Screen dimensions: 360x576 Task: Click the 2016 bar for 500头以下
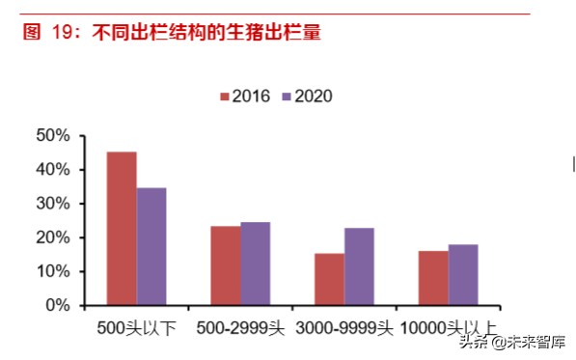coord(122,229)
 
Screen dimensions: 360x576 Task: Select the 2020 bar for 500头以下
coord(151,246)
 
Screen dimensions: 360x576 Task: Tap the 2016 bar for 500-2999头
coord(226,265)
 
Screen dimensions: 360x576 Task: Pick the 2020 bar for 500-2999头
coord(256,263)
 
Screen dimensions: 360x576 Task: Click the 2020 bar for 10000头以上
coord(463,274)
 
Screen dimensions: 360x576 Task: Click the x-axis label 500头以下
coord(136,328)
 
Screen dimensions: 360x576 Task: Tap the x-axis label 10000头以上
coord(449,328)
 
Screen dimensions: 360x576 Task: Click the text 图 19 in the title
coord(48,34)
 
